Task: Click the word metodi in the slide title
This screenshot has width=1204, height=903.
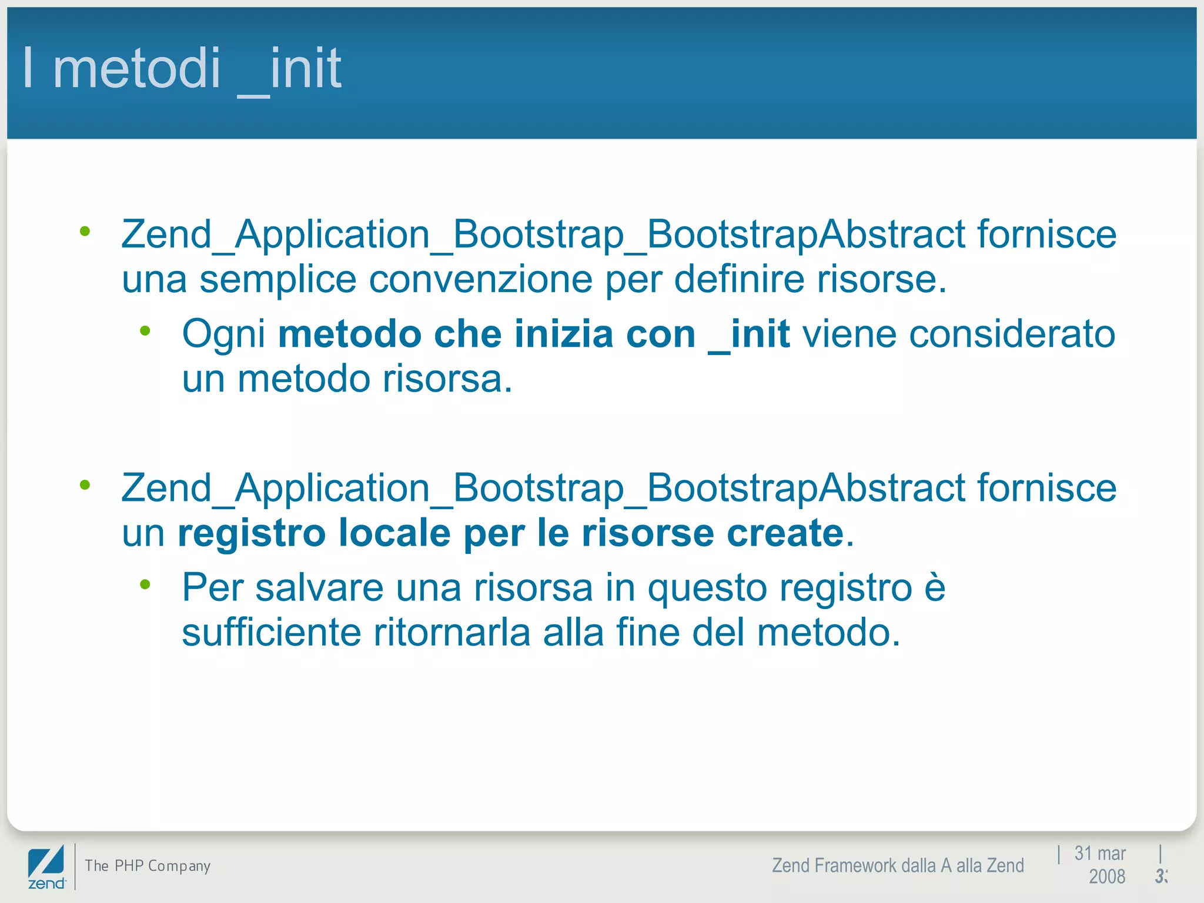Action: [x=136, y=68]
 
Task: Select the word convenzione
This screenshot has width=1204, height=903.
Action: [x=480, y=280]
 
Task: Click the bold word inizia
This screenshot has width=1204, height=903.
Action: [x=564, y=334]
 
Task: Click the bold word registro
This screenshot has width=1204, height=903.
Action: [x=252, y=534]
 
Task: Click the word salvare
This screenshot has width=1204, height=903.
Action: [x=319, y=588]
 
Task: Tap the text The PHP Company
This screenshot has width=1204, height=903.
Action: [x=148, y=866]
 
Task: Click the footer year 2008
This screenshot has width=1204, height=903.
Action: [x=1106, y=877]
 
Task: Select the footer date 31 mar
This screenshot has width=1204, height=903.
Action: [x=1099, y=854]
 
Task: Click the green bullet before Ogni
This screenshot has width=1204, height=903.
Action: [x=145, y=331]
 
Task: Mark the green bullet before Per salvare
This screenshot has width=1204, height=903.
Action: [x=145, y=584]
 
